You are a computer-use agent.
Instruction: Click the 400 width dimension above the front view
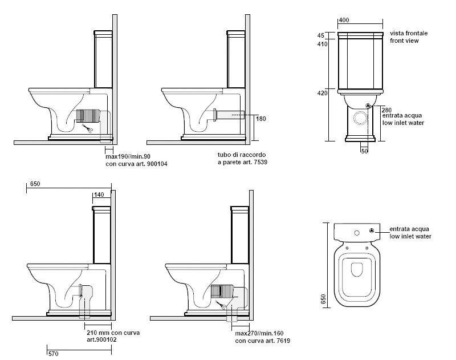pos(344,20)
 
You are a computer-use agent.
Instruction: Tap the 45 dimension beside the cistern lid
pos(321,35)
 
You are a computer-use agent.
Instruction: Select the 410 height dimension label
pos(323,44)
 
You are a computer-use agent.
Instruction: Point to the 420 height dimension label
pos(323,93)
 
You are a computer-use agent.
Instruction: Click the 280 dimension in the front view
pos(387,110)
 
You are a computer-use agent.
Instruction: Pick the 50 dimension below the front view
pos(364,151)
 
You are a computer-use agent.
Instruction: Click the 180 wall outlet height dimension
pos(261,119)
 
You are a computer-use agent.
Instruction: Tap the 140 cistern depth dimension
pos(99,195)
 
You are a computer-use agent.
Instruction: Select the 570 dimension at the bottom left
pos(53,354)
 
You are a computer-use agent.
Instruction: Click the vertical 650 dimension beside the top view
pos(323,299)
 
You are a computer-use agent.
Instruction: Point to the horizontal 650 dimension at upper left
pos(35,184)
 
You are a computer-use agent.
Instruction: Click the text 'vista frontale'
pos(409,33)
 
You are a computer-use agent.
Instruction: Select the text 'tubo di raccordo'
pos(242,155)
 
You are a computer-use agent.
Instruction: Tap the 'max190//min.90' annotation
pos(128,156)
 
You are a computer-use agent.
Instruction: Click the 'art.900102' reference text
pos(102,339)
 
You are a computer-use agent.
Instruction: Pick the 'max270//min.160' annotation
pos(259,333)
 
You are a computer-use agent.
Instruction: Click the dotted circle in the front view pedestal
pos(361,119)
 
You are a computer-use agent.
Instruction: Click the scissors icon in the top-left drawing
pos(88,128)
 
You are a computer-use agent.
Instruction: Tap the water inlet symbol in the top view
pos(372,231)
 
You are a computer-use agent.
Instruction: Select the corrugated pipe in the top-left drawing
pos(88,116)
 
